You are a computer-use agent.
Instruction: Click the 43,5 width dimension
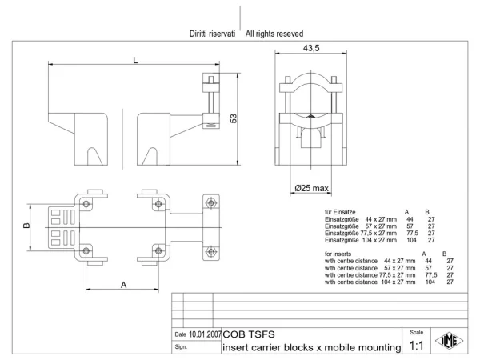tap(311, 48)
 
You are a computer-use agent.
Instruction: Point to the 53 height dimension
tap(234, 118)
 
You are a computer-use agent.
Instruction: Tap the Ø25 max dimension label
tap(312, 188)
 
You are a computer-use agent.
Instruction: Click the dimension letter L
tap(135, 60)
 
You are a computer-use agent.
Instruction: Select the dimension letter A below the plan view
tap(123, 285)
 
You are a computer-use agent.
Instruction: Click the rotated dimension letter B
tap(26, 226)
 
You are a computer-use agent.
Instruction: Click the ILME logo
tap(450, 341)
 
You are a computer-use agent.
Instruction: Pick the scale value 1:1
tap(416, 346)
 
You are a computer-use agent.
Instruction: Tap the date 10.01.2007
tap(205, 334)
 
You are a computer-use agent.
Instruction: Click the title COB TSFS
tap(249, 334)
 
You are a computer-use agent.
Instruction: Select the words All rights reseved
tap(274, 34)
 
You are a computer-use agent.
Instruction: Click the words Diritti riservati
tap(212, 34)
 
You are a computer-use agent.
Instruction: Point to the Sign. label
tap(181, 347)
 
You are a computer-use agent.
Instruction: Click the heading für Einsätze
tap(340, 212)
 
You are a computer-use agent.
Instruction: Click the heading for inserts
tap(338, 254)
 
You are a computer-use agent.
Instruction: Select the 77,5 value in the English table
tap(431, 275)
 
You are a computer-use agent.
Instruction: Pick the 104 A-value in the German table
tap(411, 240)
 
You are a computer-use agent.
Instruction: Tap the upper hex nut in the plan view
tap(211, 202)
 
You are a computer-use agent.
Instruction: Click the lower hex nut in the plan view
tap(211, 252)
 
